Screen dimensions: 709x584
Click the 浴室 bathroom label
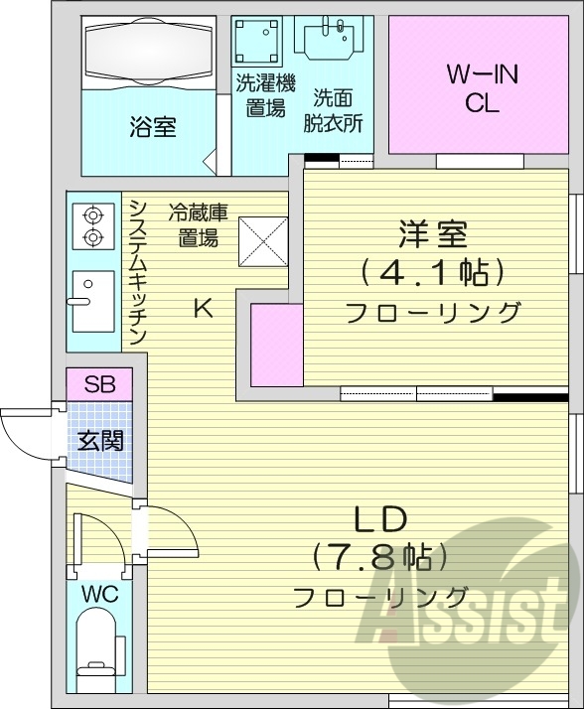152,128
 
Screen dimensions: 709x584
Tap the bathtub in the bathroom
148,51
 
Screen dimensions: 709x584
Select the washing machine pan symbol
258,43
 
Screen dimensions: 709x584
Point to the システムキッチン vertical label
137,271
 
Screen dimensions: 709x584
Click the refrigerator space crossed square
261,241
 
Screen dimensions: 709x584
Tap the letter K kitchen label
202,309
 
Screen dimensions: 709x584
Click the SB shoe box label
98,384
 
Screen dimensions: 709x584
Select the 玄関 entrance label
100,440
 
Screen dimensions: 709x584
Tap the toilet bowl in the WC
98,650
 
